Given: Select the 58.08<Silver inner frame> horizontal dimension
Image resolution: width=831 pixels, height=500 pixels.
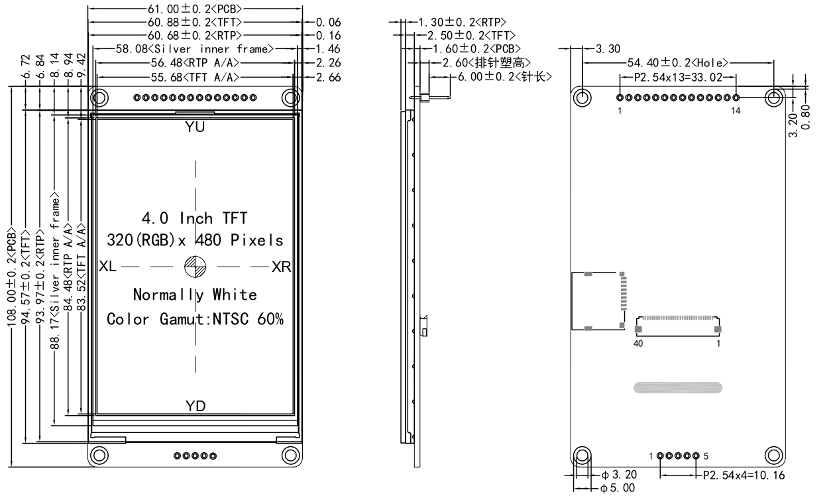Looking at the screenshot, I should click(x=185, y=49).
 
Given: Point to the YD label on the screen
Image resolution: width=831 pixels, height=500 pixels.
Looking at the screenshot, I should click(x=195, y=406).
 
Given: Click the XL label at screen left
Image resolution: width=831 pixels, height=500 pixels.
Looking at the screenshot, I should click(x=108, y=267).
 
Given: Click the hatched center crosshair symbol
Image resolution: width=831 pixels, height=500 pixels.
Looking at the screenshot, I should click(x=195, y=267).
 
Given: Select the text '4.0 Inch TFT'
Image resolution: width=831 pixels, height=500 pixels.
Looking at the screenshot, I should click(x=195, y=218).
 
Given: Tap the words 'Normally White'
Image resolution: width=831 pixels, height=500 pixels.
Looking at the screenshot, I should click(x=195, y=294).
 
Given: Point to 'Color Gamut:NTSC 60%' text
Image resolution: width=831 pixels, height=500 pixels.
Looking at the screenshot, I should click(x=195, y=319).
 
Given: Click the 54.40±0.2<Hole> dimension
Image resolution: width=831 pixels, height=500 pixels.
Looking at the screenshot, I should click(x=677, y=63).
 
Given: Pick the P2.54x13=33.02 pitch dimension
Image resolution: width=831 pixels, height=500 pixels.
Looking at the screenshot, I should click(x=677, y=77).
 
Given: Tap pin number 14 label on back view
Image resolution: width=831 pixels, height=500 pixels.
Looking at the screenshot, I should click(x=736, y=111).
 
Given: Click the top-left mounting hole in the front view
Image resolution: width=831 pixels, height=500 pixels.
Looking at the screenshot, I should click(x=100, y=98).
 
